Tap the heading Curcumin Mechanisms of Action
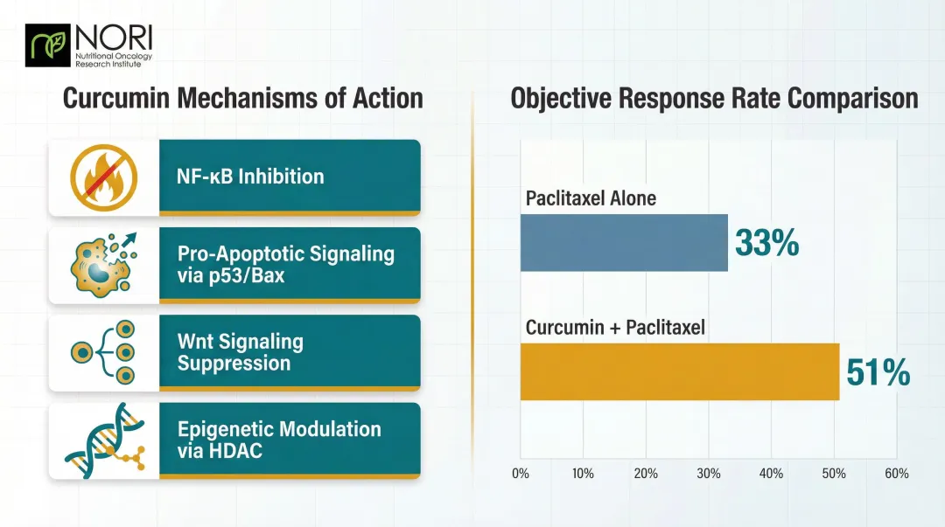point(242,97)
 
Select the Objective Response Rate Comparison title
point(714,97)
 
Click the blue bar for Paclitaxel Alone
point(624,243)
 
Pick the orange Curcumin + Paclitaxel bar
point(680,371)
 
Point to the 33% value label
point(766,243)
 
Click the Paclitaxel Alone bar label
point(591,198)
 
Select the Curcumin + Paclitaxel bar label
point(615,328)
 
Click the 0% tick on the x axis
point(520,474)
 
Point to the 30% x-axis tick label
point(709,474)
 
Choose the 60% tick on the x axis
point(896,474)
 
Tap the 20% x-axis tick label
point(646,474)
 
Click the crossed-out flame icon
point(103,176)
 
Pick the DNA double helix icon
point(103,440)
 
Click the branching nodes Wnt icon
point(103,352)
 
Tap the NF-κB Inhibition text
point(250,177)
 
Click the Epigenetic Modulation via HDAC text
point(279,440)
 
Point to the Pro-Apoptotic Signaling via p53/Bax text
point(285,265)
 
